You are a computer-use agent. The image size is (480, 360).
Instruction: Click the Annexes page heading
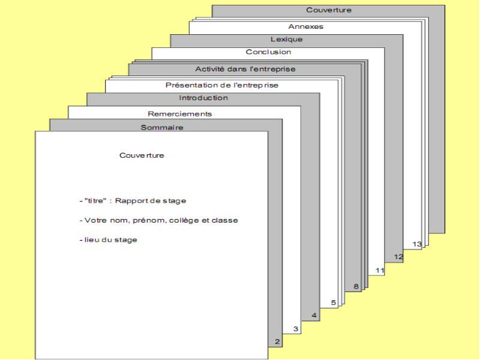pos(305,26)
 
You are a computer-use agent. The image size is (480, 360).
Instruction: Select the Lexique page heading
pos(286,39)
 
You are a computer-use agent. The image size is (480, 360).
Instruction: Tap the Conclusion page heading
pos(268,52)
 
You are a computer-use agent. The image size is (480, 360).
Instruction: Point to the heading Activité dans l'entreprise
pos(245,69)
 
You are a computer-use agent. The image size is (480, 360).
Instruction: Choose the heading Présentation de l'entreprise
pos(222,85)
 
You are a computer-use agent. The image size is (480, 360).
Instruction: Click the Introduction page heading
pos(203,98)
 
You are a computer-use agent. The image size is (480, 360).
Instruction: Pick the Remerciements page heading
pos(179,114)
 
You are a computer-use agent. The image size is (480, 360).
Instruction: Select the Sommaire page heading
pos(162,127)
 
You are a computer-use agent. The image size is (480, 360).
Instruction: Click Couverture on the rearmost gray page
pos(329,10)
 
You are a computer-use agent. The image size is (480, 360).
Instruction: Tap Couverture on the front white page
pos(142,155)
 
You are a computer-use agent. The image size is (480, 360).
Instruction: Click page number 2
pos(277,341)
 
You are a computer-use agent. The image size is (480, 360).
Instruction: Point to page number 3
pos(295,329)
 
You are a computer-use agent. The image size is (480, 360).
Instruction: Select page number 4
pos(314,316)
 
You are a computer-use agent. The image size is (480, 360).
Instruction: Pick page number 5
pos(334,303)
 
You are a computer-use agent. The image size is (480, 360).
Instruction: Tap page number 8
pos(356,287)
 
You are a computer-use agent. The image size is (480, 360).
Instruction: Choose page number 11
pos(380,271)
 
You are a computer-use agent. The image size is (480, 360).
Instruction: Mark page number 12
pos(398,257)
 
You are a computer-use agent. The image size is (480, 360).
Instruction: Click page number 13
pos(417,244)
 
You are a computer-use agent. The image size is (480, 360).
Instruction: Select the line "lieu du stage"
pos(109,240)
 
